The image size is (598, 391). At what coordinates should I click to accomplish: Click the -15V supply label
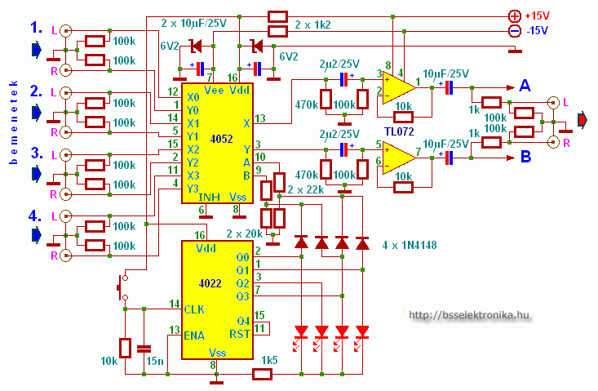click(x=539, y=31)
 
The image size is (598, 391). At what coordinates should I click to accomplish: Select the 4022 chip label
click(x=210, y=283)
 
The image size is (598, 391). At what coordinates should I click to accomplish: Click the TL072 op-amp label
click(x=401, y=131)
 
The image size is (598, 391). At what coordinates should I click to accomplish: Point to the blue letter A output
click(x=525, y=87)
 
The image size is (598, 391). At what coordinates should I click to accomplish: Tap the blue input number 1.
click(x=35, y=29)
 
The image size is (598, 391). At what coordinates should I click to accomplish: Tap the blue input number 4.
click(x=35, y=216)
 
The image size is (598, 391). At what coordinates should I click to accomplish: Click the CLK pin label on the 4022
click(x=194, y=309)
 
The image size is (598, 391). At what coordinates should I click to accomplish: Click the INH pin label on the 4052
click(x=210, y=197)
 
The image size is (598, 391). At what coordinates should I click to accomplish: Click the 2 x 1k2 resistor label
click(x=313, y=24)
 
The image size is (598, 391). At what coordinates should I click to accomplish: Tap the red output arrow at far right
click(x=582, y=122)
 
